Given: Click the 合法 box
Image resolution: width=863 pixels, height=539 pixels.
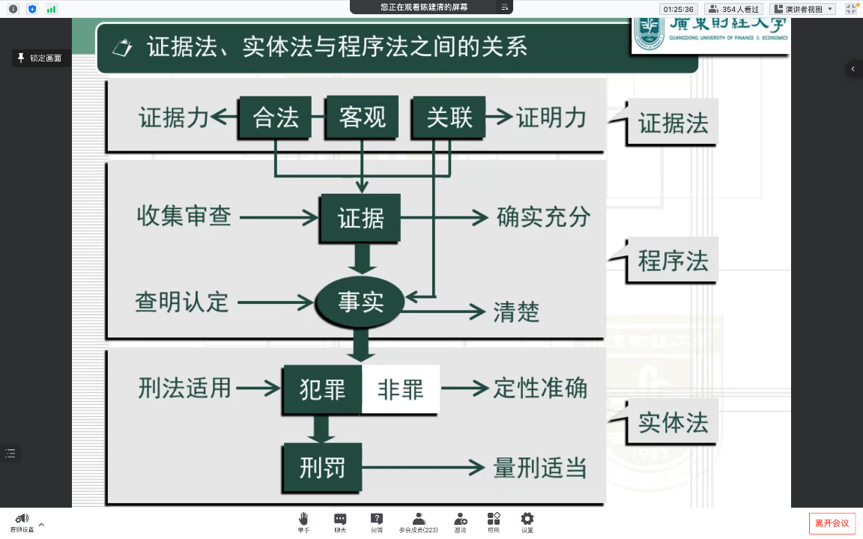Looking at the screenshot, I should (x=275, y=118).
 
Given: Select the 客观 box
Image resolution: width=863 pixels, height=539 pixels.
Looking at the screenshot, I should (x=362, y=118).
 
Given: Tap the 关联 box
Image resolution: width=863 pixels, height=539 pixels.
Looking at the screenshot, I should (x=449, y=118).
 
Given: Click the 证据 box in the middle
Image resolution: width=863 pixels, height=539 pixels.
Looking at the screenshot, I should (x=360, y=218).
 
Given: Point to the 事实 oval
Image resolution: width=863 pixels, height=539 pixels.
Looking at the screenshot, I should (x=360, y=302).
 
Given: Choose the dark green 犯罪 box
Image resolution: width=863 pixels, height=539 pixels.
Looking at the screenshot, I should (x=322, y=389).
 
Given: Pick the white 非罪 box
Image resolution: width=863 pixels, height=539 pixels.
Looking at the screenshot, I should (x=401, y=389).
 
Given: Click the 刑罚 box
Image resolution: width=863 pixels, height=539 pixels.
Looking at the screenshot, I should (x=322, y=468).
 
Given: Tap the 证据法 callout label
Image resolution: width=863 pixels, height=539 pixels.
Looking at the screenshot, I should (x=673, y=123).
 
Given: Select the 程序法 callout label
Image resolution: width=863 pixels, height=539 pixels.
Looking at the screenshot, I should (x=673, y=261).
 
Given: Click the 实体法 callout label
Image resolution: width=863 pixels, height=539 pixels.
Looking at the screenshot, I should (x=673, y=422).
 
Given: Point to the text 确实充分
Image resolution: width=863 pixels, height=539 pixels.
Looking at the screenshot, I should (x=543, y=217).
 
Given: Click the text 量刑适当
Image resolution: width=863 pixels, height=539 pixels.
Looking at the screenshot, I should (x=539, y=468).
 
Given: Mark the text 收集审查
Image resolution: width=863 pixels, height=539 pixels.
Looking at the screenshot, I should (x=184, y=216).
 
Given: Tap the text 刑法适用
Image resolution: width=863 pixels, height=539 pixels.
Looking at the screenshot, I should (x=185, y=388).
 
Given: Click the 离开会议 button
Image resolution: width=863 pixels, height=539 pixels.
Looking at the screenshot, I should (x=832, y=523).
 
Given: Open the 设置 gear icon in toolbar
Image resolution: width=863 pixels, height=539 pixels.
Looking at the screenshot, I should (x=527, y=522).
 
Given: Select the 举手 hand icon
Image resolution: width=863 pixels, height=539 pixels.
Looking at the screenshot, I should (x=303, y=522).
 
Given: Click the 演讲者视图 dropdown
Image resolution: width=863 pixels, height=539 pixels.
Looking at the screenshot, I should (x=802, y=9).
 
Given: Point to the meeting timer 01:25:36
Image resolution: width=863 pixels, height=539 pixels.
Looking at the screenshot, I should (x=679, y=9).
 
